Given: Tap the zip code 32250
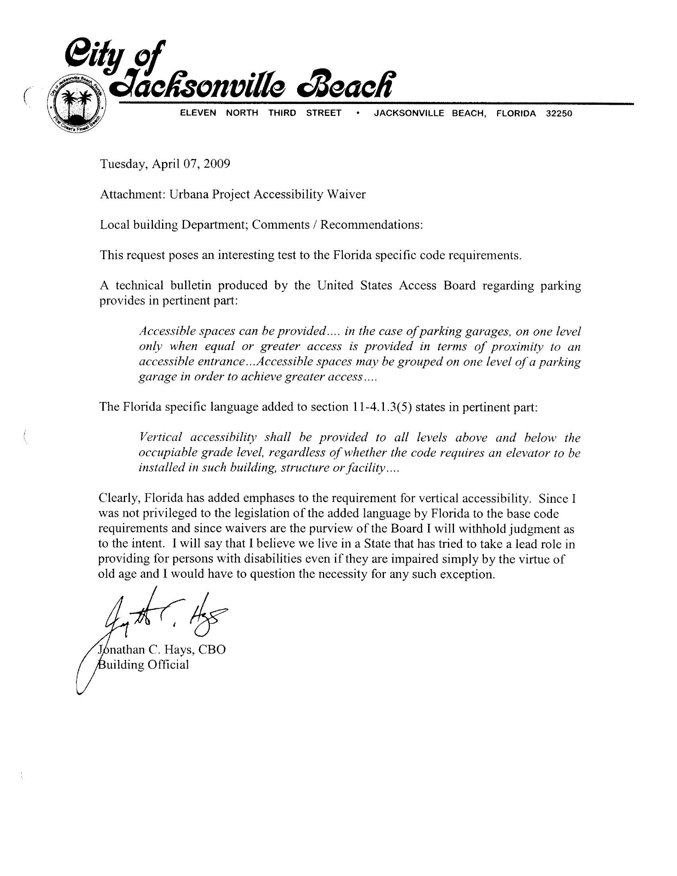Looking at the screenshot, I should click(559, 114).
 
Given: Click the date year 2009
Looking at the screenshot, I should click(217, 164).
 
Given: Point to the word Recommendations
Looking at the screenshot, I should click(371, 225).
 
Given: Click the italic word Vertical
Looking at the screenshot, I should click(160, 437).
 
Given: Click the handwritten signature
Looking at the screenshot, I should click(160, 616).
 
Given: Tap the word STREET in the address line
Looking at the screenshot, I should click(323, 114).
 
